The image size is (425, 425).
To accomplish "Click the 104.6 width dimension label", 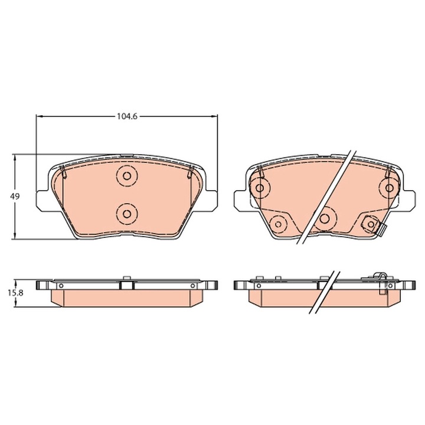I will pos(126,116).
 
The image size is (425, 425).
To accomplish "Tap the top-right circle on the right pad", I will pos(390,188).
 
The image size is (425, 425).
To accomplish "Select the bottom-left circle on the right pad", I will pos(277,223).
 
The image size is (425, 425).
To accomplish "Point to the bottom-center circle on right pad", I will pos(324,218).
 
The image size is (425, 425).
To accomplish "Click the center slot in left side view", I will pos(126,285).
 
